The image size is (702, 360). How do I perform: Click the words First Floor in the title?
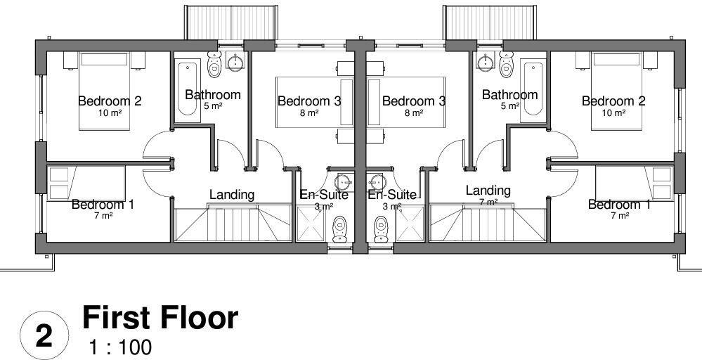pyautogui.click(x=160, y=319)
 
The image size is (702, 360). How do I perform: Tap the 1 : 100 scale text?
pyautogui.click(x=120, y=347)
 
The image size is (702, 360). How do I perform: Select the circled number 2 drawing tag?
pyautogui.click(x=44, y=336)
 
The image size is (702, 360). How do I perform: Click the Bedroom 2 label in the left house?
pyautogui.click(x=110, y=101)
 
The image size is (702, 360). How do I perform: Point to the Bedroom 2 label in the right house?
pyautogui.click(x=613, y=101)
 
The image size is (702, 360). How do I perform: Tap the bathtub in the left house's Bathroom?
pyautogui.click(x=186, y=89)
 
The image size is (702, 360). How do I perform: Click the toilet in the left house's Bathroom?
pyautogui.click(x=214, y=64)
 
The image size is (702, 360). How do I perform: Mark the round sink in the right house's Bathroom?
pyautogui.click(x=484, y=63)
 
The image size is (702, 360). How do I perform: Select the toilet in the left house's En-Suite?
pyautogui.click(x=340, y=228)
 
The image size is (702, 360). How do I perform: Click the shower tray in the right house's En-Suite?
pyautogui.click(x=408, y=224)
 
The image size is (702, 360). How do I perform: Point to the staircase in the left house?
pyautogui.click(x=232, y=224)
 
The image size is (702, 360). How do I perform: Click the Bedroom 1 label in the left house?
pyautogui.click(x=103, y=205)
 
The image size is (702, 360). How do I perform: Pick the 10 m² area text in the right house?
pyautogui.click(x=613, y=112)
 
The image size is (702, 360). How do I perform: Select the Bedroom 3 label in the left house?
pyautogui.click(x=309, y=101)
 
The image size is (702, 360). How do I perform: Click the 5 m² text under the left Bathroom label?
pyautogui.click(x=213, y=106)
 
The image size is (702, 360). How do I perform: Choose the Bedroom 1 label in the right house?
pyautogui.click(x=619, y=205)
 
